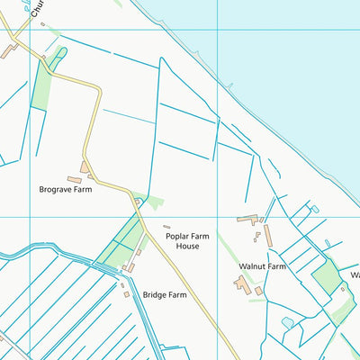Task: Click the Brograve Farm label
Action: [65, 190]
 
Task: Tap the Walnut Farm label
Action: [262, 266]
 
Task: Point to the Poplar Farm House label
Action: [188, 241]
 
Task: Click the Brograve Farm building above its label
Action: [85, 167]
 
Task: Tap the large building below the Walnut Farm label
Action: [242, 284]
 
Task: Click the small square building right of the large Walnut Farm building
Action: [259, 291]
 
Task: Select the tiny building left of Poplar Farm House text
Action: [166, 227]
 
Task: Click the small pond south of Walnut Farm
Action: [287, 322]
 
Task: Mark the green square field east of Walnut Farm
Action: [327, 276]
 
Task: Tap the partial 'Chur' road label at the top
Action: [36, 10]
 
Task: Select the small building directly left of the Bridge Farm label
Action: [126, 293]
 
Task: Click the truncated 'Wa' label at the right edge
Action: [355, 274]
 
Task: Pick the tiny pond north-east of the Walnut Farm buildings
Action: [314, 210]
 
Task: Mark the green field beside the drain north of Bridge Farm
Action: [122, 238]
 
